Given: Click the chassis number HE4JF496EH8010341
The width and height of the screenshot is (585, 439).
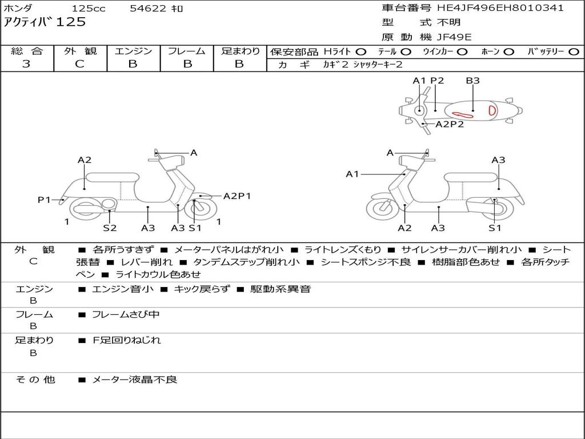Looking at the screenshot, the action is point(500,8).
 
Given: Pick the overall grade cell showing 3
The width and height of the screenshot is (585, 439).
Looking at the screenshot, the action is point(26,64).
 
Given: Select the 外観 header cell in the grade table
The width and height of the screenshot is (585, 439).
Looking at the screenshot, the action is point(80,51).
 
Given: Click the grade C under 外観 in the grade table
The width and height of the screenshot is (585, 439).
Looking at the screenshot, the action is point(79,64).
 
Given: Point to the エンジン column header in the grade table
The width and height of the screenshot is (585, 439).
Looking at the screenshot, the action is point(133,51).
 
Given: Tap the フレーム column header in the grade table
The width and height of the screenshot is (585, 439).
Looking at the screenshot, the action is point(186,51).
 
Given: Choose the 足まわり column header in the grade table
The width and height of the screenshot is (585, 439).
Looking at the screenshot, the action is point(240,51).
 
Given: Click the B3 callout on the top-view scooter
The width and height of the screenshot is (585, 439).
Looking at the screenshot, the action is point(472,81).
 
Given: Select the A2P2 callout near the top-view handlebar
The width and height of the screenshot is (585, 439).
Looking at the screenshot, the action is point(450,124).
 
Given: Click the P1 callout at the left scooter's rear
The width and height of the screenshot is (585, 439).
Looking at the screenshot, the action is point(44,199).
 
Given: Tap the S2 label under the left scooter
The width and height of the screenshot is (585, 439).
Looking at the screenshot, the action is point(110,228).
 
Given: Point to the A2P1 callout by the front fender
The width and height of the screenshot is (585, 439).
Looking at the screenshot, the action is point(237,196).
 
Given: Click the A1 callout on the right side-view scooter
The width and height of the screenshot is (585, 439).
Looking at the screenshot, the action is point(352,174).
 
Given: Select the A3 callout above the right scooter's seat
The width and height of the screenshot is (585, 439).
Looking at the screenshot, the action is point(498,160).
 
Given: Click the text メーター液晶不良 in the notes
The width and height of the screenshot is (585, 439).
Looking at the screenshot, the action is point(135,380).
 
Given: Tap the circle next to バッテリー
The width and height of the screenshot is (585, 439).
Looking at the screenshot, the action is point(574,51).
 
